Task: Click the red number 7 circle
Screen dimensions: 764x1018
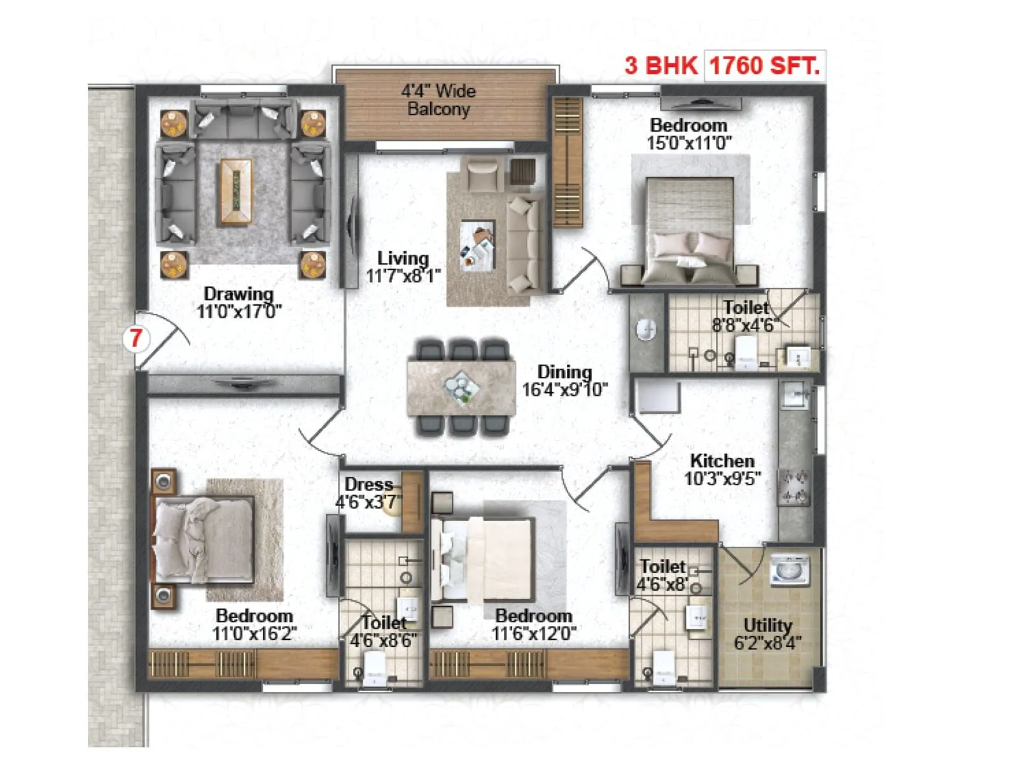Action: (136, 338)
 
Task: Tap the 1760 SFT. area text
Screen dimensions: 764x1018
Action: (764, 66)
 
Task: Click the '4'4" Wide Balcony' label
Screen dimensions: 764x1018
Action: (438, 100)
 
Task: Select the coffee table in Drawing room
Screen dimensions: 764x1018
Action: (235, 192)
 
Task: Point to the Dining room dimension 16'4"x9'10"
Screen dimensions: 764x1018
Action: (564, 390)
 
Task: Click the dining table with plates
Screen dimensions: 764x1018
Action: (461, 387)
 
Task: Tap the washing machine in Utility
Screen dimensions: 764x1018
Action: (790, 569)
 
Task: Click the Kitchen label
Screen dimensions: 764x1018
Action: (722, 460)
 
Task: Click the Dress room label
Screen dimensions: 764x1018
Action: (368, 485)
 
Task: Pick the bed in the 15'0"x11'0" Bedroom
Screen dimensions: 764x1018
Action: (690, 232)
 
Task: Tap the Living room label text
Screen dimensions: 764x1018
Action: (403, 258)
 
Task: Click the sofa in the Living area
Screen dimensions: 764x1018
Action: (524, 245)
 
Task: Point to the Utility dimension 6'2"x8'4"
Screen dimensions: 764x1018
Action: (767, 643)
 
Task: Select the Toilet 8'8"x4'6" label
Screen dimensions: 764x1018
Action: (745, 308)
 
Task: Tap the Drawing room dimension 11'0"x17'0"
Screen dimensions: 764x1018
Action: (239, 311)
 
